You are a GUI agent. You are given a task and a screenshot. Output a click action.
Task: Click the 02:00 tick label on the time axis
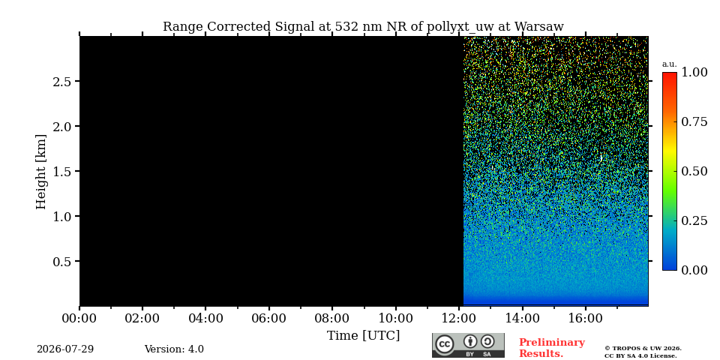tap(142, 318)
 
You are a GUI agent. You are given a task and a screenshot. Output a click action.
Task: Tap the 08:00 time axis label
tap(332, 318)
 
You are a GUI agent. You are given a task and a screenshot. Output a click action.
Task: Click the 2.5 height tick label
tap(62, 82)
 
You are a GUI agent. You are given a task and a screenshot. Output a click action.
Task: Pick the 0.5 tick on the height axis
tap(62, 262)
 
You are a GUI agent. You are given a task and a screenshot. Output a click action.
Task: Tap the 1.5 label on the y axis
tap(62, 172)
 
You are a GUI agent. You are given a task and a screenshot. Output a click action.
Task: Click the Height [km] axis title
tap(41, 172)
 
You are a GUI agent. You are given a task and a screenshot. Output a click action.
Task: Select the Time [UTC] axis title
tap(363, 336)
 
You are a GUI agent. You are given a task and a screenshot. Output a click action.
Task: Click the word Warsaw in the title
tap(538, 27)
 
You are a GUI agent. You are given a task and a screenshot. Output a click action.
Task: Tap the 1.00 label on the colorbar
tap(694, 72)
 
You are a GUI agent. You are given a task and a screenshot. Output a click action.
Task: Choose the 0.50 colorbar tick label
tap(694, 171)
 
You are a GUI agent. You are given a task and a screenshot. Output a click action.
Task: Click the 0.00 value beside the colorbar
tap(694, 270)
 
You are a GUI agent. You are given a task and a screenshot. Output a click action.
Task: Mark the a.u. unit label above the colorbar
tap(670, 64)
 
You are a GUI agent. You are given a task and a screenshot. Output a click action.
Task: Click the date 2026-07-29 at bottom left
tap(65, 349)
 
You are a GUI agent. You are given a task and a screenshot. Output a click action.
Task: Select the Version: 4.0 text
tap(174, 349)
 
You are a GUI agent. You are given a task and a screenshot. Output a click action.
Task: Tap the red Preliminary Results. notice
tap(551, 348)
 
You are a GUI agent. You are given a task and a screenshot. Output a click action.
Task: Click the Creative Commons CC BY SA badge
tap(468, 345)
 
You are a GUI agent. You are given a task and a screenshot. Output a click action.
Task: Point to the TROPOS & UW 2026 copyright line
tap(643, 349)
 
